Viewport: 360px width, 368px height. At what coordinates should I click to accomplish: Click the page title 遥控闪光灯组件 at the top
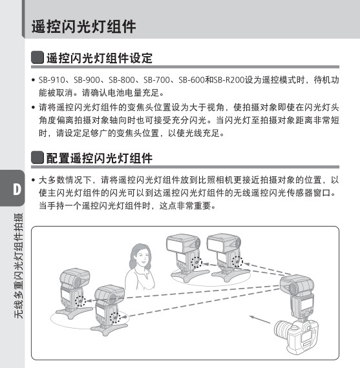coord(83,26)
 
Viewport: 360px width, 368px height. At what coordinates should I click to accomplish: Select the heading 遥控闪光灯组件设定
coord(100,58)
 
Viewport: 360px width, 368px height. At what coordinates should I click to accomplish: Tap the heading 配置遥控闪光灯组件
coord(100,158)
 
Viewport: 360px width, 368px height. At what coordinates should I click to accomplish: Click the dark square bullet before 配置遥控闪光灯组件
coord(37,158)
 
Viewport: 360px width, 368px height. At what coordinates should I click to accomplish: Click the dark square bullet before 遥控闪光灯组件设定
coord(37,57)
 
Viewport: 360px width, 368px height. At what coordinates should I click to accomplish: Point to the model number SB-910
coord(52,80)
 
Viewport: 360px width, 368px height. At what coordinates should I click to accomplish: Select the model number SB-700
coord(156,80)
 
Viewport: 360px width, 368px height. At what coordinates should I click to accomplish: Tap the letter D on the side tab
coord(17,189)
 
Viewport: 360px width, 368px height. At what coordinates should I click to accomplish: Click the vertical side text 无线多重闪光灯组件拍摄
coord(19,266)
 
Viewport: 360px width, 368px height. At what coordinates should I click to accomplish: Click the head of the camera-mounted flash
coord(297,285)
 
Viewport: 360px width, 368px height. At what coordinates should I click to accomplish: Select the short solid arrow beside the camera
coord(260,320)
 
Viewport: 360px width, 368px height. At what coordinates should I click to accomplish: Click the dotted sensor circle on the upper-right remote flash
coord(237,261)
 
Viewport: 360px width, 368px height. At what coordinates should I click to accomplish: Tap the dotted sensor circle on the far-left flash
coord(80,301)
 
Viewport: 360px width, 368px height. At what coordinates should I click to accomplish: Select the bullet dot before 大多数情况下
coord(34,180)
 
